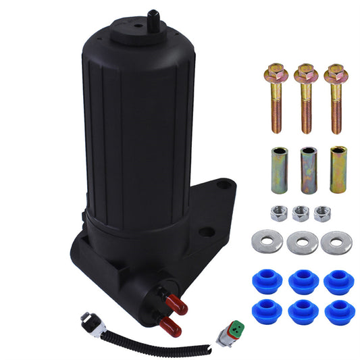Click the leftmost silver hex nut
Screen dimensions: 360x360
point(278,213)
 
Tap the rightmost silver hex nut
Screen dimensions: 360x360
point(323,213)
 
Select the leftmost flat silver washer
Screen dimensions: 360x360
point(267,242)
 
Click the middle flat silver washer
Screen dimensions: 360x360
point(302,242)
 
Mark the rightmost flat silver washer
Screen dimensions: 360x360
point(336,242)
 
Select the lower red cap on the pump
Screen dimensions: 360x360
point(173,328)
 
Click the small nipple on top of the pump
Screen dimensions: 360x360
point(153,17)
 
